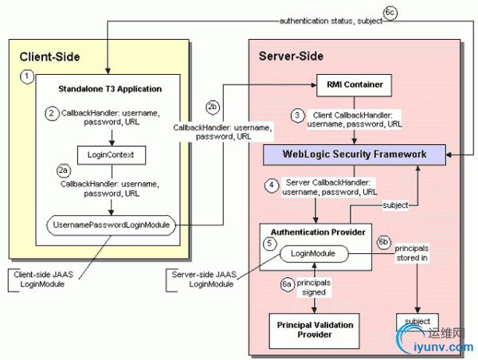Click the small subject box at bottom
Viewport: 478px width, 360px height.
(417, 323)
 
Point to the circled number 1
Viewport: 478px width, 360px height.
(28, 76)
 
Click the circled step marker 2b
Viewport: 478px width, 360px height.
(212, 106)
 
